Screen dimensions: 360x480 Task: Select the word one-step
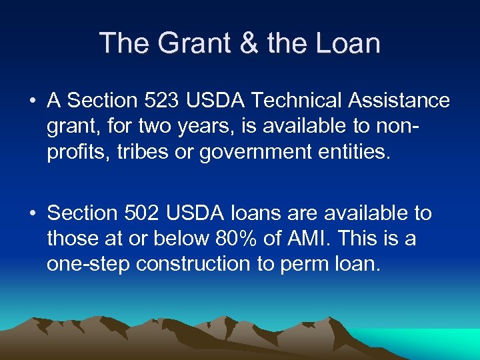[88, 265]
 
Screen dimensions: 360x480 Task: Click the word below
[179, 238]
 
